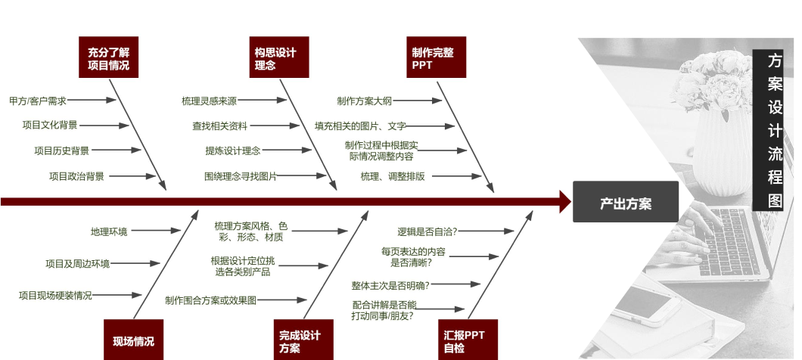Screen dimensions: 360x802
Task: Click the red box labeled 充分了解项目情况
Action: [x=109, y=57]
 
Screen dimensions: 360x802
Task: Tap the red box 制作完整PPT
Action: [x=436, y=57]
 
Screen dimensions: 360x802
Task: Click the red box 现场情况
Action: [x=133, y=340]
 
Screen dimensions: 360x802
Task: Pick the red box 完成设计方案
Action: [x=303, y=340]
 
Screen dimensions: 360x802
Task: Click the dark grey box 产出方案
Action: [x=625, y=202]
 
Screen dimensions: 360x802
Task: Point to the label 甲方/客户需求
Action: [x=38, y=101]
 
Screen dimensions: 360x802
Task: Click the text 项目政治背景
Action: [x=76, y=176]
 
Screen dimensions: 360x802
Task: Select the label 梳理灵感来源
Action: [x=209, y=101]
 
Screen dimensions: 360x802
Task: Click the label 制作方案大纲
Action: [x=365, y=101]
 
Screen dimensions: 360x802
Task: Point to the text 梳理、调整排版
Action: [x=392, y=176]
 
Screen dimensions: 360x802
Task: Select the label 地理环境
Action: [x=109, y=231]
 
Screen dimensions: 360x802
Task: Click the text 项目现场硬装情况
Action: [x=55, y=295]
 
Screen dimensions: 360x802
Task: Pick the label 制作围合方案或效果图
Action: [x=210, y=300]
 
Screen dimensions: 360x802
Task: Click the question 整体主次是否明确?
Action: [x=390, y=285]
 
